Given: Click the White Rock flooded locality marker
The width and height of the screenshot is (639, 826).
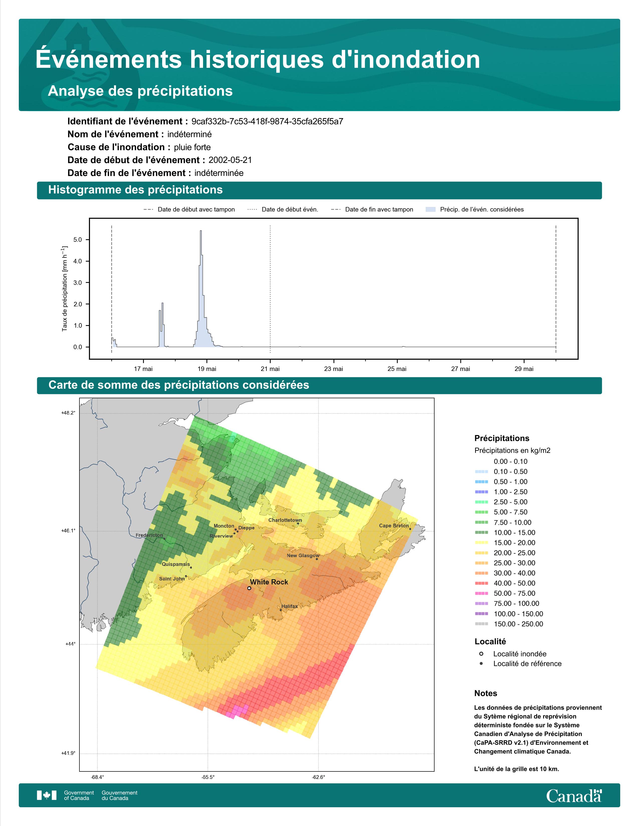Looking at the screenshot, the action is pos(249,588).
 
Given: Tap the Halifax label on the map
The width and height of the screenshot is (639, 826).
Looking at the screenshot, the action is pos(290,606).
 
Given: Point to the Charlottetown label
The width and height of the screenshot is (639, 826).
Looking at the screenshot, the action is pos(285,520).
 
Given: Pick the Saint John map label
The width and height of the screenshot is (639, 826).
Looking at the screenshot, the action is pos(172,579).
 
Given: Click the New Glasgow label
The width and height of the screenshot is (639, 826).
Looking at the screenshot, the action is pos(303,556).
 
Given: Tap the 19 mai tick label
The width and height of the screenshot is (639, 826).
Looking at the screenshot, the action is pos(207,369).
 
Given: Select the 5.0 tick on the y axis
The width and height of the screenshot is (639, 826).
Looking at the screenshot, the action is pos(78,240).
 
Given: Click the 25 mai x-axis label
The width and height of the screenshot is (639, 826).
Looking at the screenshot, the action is pos(397,369).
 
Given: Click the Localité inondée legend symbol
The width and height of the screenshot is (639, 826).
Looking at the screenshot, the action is pos(481,654).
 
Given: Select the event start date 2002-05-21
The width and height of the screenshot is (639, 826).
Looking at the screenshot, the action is pos(230,160).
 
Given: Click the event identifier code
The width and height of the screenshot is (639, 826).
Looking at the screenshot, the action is pos(267,121).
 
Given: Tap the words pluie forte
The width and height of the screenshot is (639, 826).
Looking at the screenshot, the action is pos(192,147).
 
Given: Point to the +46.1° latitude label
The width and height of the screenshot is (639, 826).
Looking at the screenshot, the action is pos(68,531).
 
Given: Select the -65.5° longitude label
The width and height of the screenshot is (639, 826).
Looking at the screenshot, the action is pos(208,777).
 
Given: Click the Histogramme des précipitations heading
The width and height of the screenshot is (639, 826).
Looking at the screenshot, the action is pos(136,190).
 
